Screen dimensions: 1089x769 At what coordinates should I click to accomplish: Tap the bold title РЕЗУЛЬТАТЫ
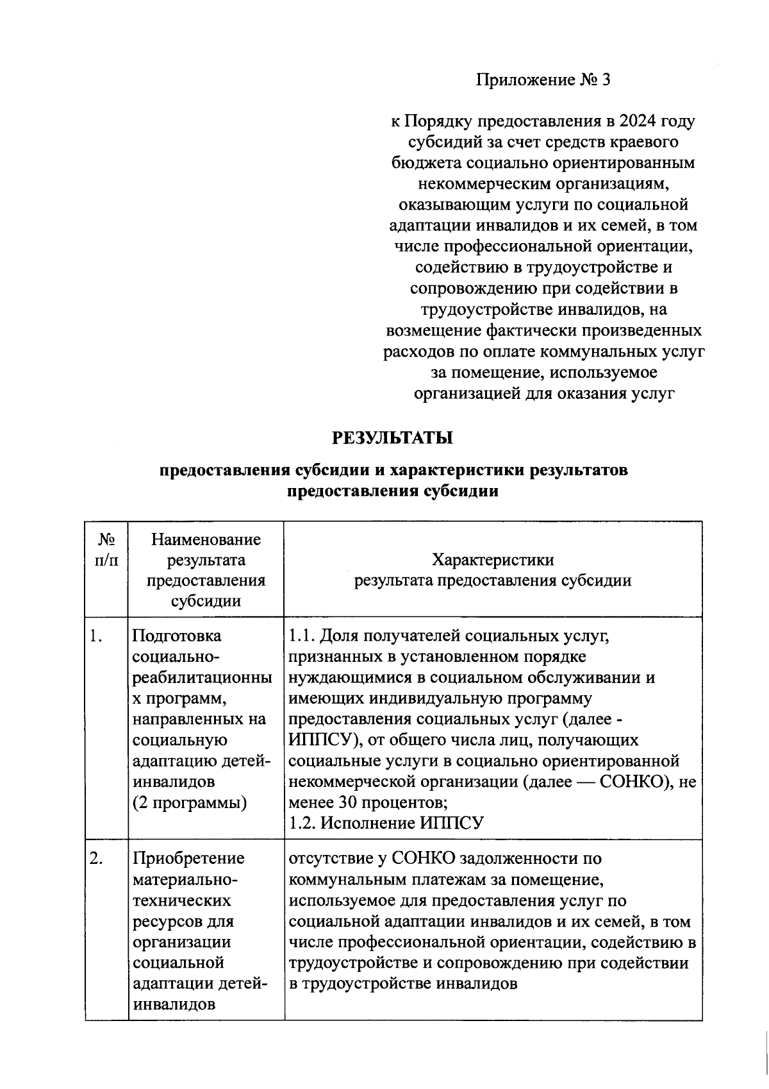pos(393,438)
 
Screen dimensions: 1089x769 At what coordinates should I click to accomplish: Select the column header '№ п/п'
pos(107,550)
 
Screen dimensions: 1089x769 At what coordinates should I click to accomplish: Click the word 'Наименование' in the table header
pos(206,539)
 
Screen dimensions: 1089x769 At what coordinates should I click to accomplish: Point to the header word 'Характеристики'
pos(493,560)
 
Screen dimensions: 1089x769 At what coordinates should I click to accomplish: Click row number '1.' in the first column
pos(96,636)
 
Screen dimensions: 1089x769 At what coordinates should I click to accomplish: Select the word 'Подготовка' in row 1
pos(176,636)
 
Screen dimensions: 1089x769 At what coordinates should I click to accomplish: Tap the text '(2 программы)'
pos(190,803)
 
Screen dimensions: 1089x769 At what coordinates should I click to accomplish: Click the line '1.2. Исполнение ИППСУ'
pos(386,823)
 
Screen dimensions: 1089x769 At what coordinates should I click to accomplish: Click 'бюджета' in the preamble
pos(422,163)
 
